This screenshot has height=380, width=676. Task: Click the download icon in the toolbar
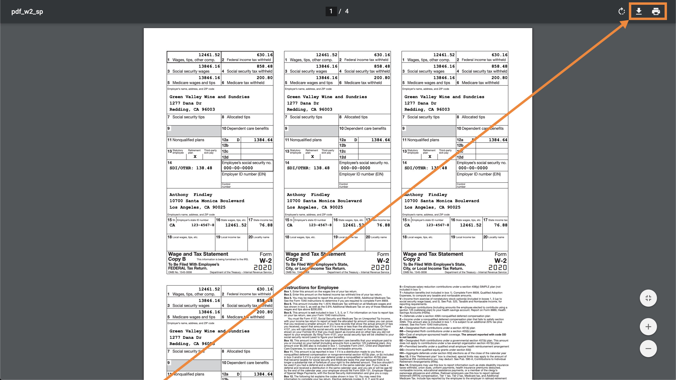pyautogui.click(x=639, y=11)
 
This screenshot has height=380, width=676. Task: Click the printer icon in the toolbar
pyautogui.click(x=656, y=11)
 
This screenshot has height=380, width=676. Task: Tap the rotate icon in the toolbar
pyautogui.click(x=621, y=11)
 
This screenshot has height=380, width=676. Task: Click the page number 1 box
pyautogui.click(x=331, y=11)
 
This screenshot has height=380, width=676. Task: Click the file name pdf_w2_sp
pyautogui.click(x=27, y=11)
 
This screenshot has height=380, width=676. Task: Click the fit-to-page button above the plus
pyautogui.click(x=648, y=298)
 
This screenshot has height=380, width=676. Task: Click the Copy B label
pyautogui.click(x=177, y=259)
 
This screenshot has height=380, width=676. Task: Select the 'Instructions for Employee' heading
pyautogui.click(x=312, y=287)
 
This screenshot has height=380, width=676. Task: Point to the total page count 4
pyautogui.click(x=347, y=11)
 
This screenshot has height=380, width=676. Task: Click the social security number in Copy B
pyautogui.click(x=238, y=168)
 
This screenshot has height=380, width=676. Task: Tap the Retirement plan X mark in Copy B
pyautogui.click(x=195, y=156)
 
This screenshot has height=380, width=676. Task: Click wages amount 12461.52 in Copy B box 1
pyautogui.click(x=209, y=55)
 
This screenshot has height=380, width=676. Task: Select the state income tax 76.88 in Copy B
pyautogui.click(x=266, y=225)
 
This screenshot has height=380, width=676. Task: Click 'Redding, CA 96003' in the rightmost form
pyautogui.click(x=427, y=110)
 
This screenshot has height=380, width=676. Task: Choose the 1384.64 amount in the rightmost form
pyautogui.click(x=498, y=140)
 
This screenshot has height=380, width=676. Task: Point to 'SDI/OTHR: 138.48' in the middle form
pyautogui.click(x=308, y=168)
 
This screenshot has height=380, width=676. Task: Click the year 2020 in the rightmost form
pyautogui.click(x=497, y=267)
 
